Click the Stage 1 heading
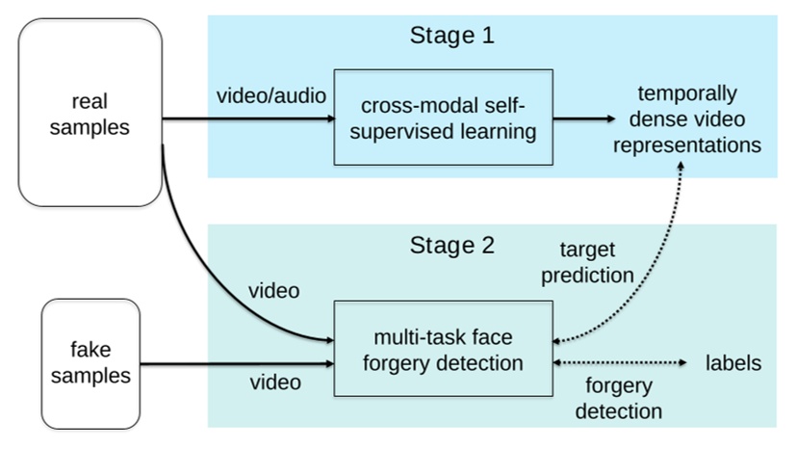click(452, 37)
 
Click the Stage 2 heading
click(452, 245)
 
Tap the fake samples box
click(91, 363)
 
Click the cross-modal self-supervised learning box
click(444, 118)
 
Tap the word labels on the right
click(733, 363)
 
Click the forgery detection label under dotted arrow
click(624, 398)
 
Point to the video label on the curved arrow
click(274, 290)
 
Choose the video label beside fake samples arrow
click(275, 383)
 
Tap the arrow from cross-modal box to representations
click(584, 119)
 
